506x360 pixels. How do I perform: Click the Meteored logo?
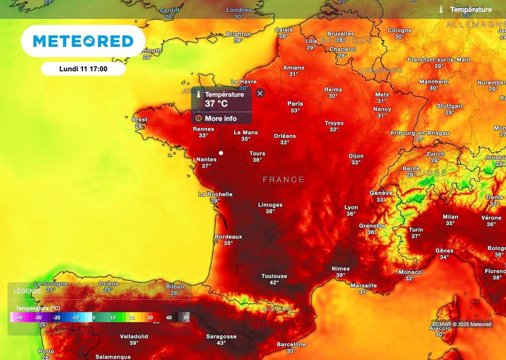83,41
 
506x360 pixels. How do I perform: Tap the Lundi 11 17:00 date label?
83,69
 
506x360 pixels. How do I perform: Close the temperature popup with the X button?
260,93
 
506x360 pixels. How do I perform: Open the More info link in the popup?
220,119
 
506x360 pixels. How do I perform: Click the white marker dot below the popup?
221,153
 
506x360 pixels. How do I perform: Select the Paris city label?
295,104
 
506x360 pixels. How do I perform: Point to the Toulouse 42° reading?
274,280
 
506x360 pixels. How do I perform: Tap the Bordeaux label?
228,237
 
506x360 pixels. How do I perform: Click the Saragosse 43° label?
221,339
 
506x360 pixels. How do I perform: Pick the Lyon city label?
351,208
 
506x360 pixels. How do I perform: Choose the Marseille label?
364,285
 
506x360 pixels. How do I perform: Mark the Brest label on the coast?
139,120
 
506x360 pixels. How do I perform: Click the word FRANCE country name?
283,180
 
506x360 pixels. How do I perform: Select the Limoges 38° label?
270,208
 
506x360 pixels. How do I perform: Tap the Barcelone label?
291,345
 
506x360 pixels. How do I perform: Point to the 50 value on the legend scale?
186,318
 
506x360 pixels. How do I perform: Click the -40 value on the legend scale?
20,318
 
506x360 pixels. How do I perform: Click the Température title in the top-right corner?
470,9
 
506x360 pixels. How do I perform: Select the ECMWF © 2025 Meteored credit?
462,324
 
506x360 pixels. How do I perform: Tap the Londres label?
239,10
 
